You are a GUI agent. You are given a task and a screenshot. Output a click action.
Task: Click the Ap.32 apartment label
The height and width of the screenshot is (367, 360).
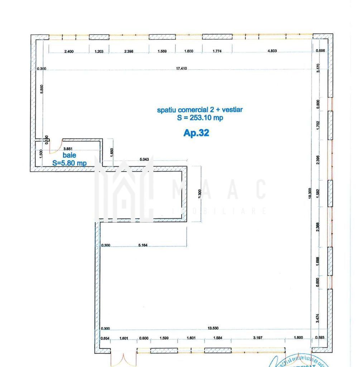(196, 133)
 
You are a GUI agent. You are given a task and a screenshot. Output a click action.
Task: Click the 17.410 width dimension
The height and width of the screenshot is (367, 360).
(181, 68)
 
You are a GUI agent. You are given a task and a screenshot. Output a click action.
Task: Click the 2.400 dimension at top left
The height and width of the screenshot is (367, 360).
(69, 51)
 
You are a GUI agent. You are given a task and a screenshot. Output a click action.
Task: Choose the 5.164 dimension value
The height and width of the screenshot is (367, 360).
(143, 245)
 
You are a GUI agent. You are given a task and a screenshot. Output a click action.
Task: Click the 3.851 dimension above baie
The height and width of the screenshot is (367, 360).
(68, 148)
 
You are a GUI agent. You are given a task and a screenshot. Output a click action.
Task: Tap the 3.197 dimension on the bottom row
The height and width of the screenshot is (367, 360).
(258, 338)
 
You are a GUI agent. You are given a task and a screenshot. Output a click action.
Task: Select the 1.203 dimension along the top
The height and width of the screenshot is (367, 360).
(99, 51)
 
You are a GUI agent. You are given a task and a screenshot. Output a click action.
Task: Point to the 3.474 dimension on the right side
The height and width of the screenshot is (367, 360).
(318, 318)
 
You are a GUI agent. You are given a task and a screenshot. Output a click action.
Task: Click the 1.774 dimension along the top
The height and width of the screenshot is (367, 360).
(217, 51)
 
